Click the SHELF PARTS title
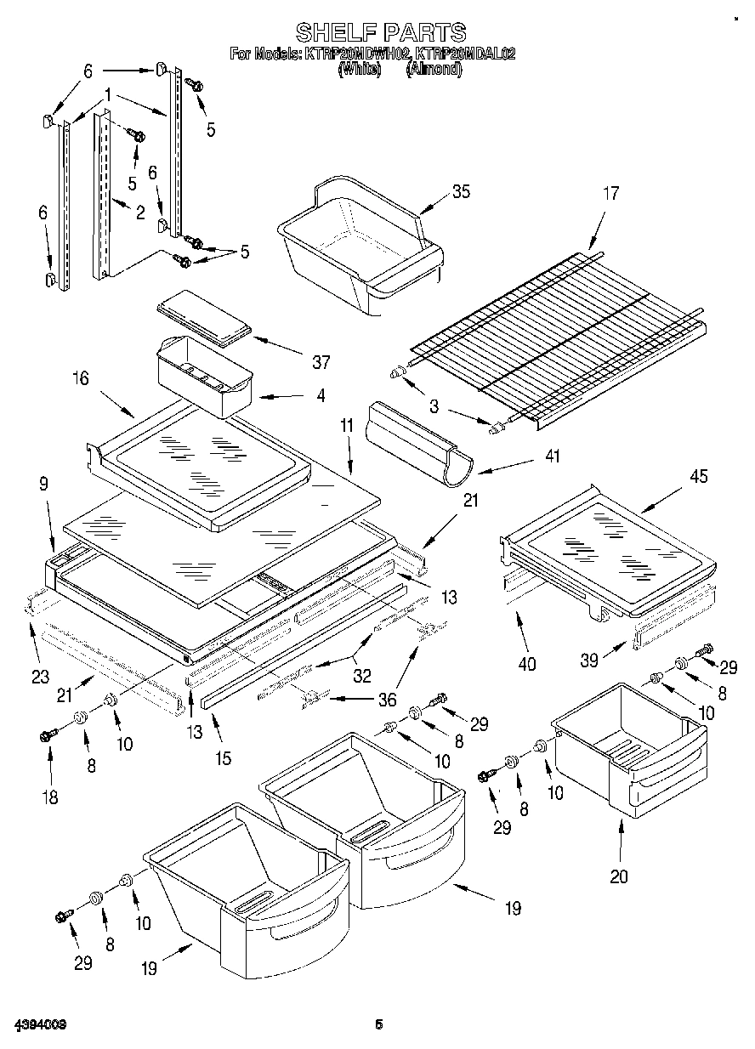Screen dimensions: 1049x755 point(380,32)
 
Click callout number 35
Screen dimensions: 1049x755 point(460,191)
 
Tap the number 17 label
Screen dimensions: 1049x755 point(610,194)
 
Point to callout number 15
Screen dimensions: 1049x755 point(222,758)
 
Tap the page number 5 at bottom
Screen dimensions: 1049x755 point(380,1026)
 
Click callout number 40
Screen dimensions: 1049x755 point(527,664)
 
